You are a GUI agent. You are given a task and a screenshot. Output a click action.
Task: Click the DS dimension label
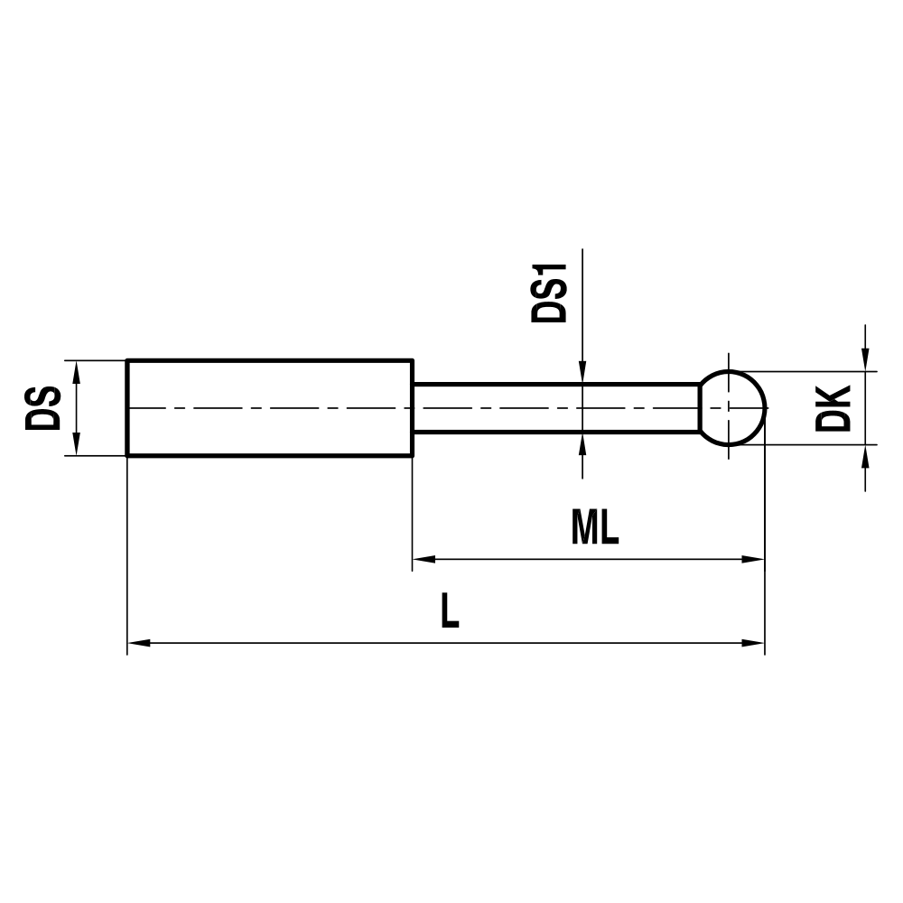42,408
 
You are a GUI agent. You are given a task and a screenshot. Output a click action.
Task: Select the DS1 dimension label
550,293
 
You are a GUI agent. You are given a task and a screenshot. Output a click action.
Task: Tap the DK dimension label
833,408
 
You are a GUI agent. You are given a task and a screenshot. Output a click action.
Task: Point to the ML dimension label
595,530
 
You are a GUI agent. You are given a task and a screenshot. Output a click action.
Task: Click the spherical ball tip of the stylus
733,408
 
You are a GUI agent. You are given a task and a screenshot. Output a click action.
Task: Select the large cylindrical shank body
269,408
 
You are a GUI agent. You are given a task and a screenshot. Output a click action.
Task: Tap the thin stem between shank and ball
555,408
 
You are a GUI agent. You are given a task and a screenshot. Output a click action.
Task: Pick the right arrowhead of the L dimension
753,644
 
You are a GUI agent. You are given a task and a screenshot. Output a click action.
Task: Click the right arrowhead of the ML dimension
753,560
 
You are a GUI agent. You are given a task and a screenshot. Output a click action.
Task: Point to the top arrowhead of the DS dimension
77,371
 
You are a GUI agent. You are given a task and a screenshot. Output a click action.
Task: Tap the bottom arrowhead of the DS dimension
77,445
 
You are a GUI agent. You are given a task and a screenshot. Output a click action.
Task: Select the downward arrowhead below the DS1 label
583,373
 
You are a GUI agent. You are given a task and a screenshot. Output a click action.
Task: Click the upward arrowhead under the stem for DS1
583,443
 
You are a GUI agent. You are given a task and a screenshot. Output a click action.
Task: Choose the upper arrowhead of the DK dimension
866,360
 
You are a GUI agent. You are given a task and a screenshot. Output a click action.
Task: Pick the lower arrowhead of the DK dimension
866,455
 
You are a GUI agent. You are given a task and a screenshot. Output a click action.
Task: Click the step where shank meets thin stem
413,408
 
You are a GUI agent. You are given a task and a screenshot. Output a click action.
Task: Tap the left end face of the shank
127,408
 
